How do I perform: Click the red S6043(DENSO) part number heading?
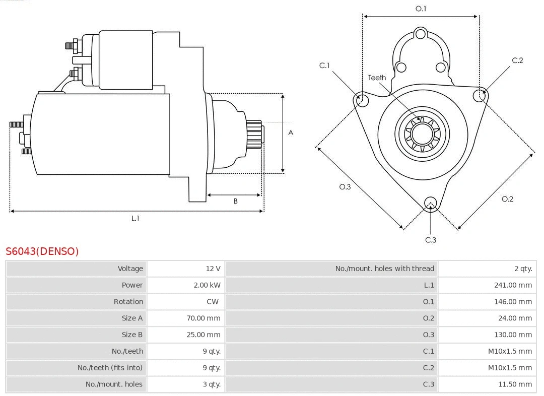pos(42,251)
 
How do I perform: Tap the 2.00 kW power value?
pos(207,285)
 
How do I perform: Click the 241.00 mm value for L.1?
pos(513,285)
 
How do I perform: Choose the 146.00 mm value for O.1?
pos(513,302)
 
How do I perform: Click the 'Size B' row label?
pos(132,335)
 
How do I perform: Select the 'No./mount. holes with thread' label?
pos(384,269)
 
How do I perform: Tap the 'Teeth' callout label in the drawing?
pos(377,78)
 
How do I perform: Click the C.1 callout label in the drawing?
pos(324,65)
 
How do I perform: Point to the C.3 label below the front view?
pos(431,240)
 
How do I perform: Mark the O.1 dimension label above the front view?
pos(421,9)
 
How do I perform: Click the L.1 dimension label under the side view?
pos(135,218)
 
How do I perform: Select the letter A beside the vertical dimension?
pos(291,133)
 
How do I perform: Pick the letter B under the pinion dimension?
pos(235,201)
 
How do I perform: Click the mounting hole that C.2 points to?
pos(479,95)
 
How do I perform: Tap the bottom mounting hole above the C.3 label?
pos(430,203)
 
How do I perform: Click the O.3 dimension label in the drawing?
pos(345,187)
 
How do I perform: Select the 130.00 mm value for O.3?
pos(513,335)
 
